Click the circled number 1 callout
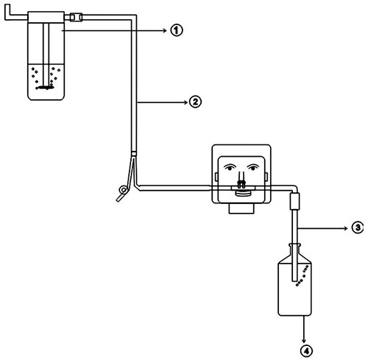click(177, 30)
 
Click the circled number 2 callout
click(195, 102)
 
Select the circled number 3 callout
click(358, 228)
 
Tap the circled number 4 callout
click(306, 350)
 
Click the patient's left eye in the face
click(253, 167)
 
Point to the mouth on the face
click(244, 194)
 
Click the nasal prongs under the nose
click(241, 183)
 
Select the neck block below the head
click(241, 208)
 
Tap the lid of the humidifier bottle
click(46, 17)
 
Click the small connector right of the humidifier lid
click(76, 17)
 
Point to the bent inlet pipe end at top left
click(7, 12)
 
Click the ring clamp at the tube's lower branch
click(123, 190)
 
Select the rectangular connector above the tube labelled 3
click(294, 201)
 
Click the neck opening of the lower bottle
click(294, 245)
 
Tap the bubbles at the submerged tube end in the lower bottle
click(302, 276)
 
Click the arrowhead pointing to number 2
click(186, 102)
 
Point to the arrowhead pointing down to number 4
click(304, 341)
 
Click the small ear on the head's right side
click(266, 177)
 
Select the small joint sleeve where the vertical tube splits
click(134, 154)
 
